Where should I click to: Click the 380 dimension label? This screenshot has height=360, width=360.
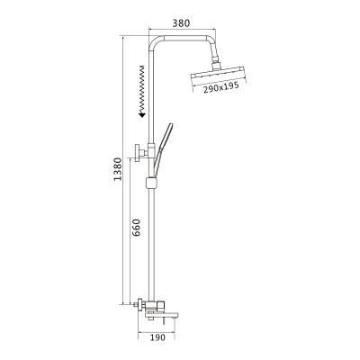pyautogui.click(x=181, y=23)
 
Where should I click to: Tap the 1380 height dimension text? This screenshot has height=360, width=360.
pyautogui.click(x=118, y=168)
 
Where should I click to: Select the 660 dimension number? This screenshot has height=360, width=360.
pyautogui.click(x=136, y=228)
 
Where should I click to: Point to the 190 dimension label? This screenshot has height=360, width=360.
pyautogui.click(x=157, y=337)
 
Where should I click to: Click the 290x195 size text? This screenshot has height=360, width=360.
pyautogui.click(x=221, y=87)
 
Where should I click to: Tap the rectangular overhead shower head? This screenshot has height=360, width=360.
pyautogui.click(x=218, y=74)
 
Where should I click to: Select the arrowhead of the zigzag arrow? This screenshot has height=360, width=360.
pyautogui.click(x=142, y=114)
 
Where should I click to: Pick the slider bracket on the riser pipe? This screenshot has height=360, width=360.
pyautogui.click(x=151, y=183)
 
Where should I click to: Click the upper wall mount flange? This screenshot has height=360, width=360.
pyautogui.click(x=138, y=153)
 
